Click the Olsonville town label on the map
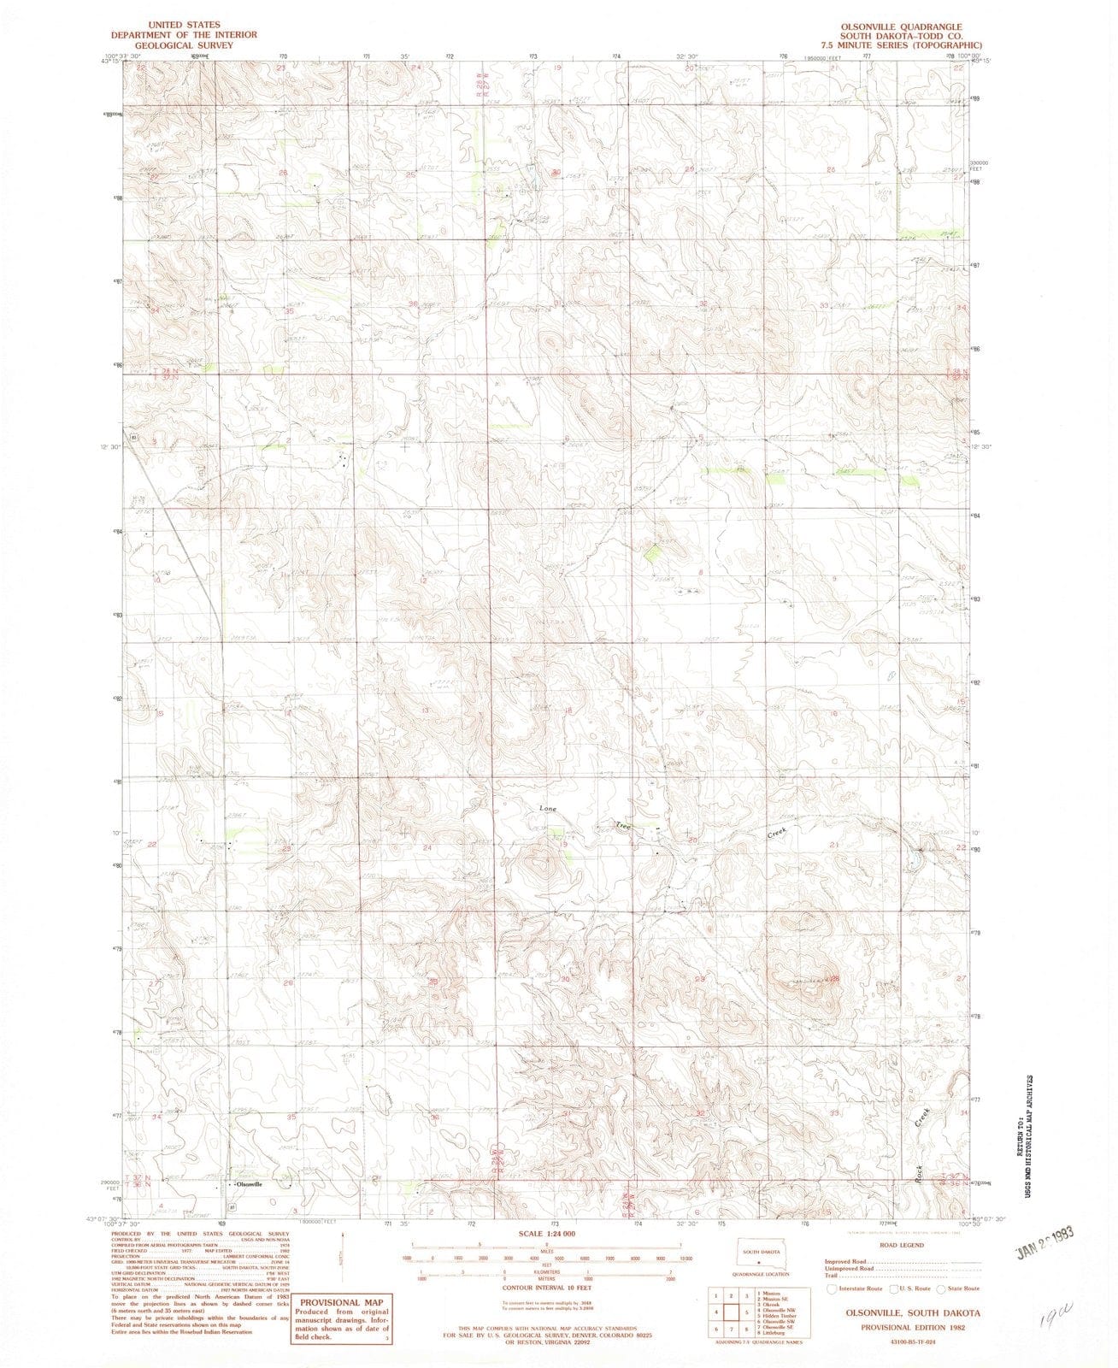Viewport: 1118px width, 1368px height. tap(249, 1184)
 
